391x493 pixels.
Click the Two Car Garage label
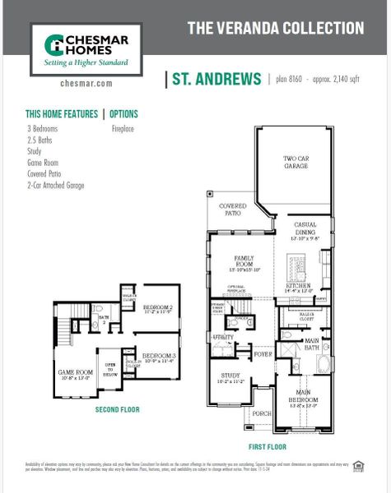click(x=296, y=163)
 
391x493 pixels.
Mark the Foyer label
click(x=263, y=355)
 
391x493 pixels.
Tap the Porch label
click(x=262, y=413)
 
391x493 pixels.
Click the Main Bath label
click(x=312, y=343)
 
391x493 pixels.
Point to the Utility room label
click(x=223, y=337)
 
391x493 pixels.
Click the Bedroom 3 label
click(x=156, y=357)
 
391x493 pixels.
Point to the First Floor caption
click(x=267, y=447)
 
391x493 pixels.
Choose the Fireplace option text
click(x=123, y=129)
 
